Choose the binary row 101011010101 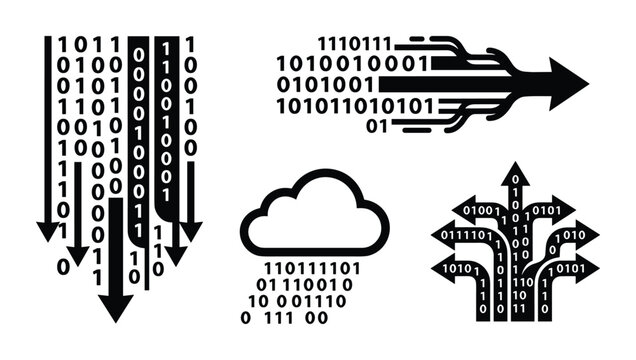click(355, 105)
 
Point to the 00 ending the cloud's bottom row click(316, 318)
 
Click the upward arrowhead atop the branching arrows click(516, 174)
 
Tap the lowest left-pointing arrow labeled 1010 click(455, 270)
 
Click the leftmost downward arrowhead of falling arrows click(47, 231)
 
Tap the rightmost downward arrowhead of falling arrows click(190, 231)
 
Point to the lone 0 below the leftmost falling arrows click(64, 266)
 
